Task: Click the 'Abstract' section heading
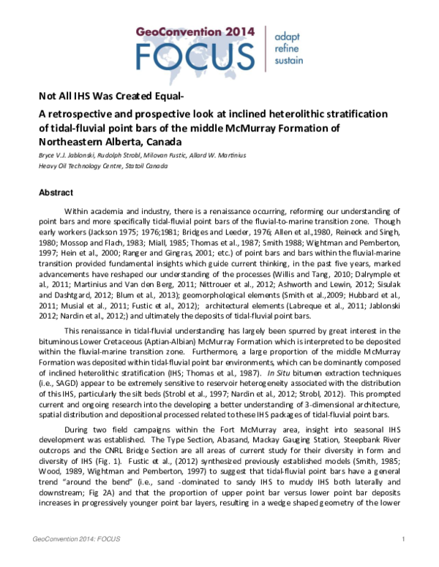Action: (56, 193)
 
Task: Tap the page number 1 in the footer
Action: (404, 560)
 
